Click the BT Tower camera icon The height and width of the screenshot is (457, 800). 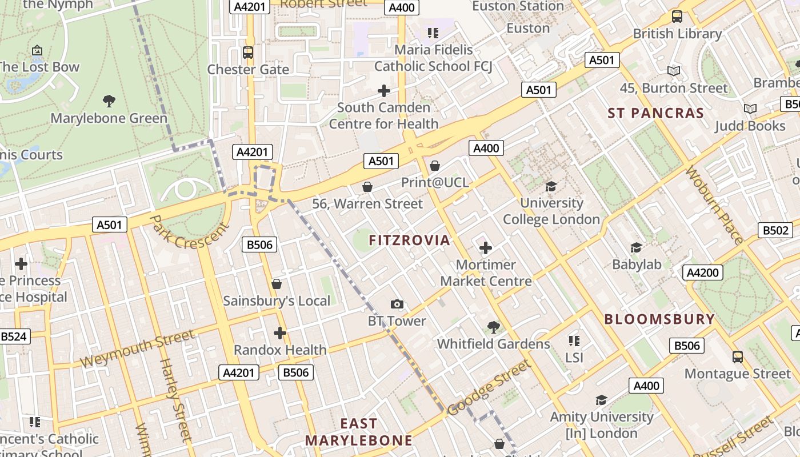click(397, 304)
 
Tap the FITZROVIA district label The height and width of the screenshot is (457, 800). click(410, 240)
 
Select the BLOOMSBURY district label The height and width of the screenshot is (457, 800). click(659, 319)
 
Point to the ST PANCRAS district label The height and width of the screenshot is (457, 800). click(655, 113)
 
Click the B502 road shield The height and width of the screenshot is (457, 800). click(775, 230)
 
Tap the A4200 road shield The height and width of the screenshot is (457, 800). click(702, 272)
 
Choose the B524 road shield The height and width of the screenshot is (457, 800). click(14, 336)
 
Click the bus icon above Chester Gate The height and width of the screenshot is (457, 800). click(248, 53)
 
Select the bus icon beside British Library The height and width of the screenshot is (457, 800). click(677, 17)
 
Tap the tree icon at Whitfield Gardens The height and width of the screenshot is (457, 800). click(493, 327)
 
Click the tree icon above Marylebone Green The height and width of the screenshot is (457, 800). click(109, 102)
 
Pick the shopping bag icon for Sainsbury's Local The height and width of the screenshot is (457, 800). click(277, 284)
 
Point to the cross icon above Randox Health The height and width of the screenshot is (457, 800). click(279, 333)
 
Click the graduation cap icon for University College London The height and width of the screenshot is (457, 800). click(551, 186)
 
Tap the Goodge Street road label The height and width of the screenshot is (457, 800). click(489, 387)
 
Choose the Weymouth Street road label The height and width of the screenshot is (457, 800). click(137, 349)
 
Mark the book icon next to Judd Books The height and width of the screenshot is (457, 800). click(750, 109)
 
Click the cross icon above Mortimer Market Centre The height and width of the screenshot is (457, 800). click(485, 248)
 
